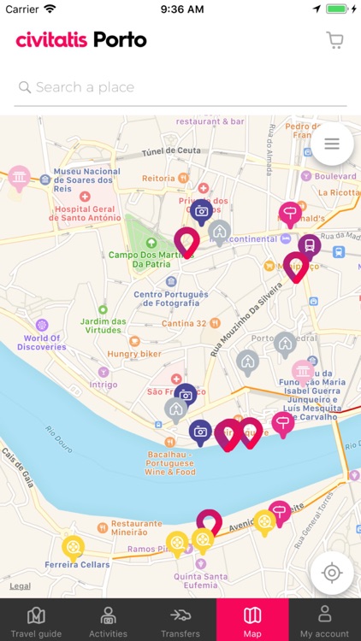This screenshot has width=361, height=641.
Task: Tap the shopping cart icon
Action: coord(334,40)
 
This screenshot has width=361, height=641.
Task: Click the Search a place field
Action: coord(180,87)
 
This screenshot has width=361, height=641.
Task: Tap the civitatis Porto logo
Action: coord(81,40)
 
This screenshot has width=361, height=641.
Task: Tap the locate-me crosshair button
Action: coord(332,572)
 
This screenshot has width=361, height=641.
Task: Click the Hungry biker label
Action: coord(133,353)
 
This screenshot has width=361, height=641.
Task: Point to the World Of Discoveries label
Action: coord(42,342)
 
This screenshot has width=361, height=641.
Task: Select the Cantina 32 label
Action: coord(184,323)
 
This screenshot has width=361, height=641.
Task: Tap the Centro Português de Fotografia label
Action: coord(171,298)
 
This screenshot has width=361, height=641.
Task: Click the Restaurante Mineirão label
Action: coord(135,527)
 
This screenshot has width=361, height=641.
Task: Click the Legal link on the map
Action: coord(20,586)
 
